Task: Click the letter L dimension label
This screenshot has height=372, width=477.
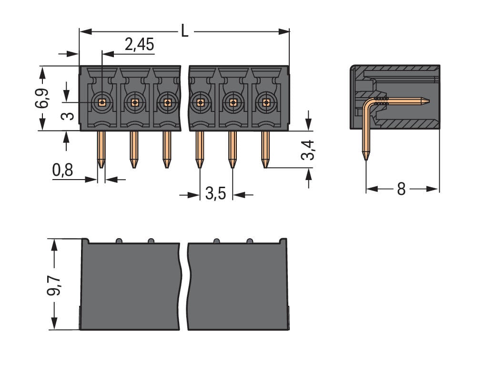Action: click(x=184, y=31)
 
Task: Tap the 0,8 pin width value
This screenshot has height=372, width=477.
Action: click(x=63, y=171)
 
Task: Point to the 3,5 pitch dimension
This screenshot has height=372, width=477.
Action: click(x=215, y=194)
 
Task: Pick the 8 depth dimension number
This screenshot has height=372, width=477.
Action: click(x=401, y=189)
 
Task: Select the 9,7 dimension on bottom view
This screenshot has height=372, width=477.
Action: click(x=54, y=284)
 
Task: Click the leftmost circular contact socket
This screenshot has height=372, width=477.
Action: click(x=101, y=101)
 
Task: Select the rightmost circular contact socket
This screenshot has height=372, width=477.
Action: click(x=265, y=101)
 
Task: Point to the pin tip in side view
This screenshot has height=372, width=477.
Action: click(x=365, y=156)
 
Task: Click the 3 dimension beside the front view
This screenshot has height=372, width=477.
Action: click(x=70, y=115)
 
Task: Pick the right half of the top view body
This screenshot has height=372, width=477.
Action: click(x=238, y=286)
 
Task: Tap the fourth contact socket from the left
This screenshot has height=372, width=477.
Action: click(x=200, y=101)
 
